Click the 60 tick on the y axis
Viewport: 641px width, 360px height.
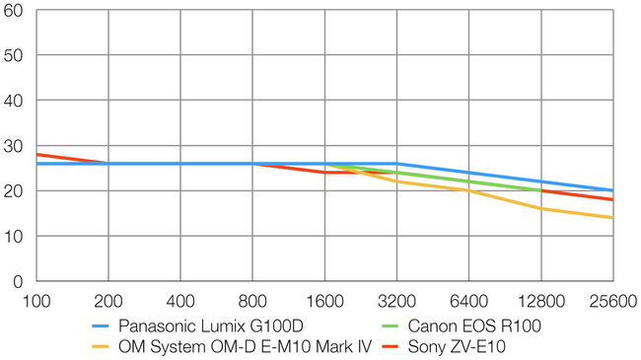pos(15,11)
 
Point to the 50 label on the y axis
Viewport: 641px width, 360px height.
pos(15,56)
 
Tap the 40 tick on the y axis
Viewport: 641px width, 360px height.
pos(15,101)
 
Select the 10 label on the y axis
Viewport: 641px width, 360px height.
pos(15,237)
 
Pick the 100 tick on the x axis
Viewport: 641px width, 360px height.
pos(36,301)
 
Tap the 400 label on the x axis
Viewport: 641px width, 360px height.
pos(180,301)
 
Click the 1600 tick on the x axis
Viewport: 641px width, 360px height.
pos(324,301)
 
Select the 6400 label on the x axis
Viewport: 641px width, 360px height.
pos(468,301)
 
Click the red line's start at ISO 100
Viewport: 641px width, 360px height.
pos(36,154)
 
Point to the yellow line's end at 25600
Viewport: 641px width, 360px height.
pos(612,218)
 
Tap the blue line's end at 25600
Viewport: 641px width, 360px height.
pos(612,190)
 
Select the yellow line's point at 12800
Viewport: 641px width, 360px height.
pos(540,208)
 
